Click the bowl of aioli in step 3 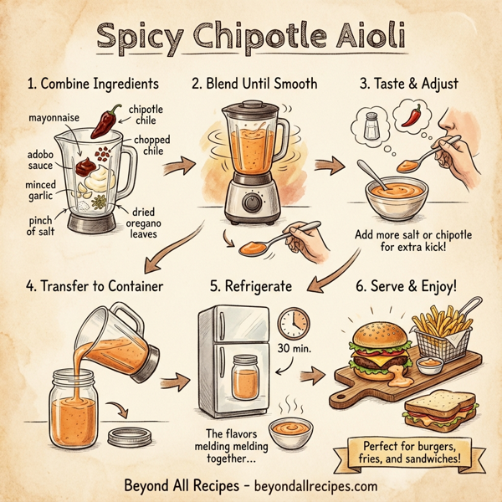coord(396,193)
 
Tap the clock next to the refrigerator coord(292,323)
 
